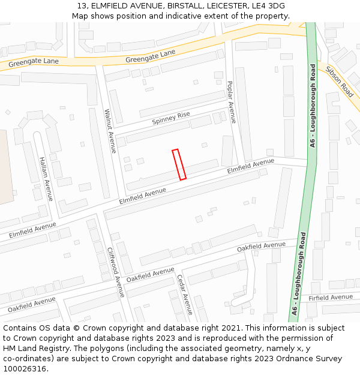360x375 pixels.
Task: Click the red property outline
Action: (x=179, y=164)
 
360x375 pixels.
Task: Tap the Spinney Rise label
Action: (x=171, y=118)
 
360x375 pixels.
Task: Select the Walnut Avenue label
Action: (x=110, y=131)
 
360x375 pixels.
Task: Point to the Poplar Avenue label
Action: (x=231, y=102)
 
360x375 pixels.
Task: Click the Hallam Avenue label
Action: (x=46, y=178)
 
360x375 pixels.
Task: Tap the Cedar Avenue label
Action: (x=184, y=294)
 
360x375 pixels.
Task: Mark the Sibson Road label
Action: (x=340, y=82)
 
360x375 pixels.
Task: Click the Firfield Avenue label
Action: (x=331, y=298)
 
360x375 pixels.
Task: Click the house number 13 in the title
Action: (x=82, y=6)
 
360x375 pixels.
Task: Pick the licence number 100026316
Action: (x=26, y=369)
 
